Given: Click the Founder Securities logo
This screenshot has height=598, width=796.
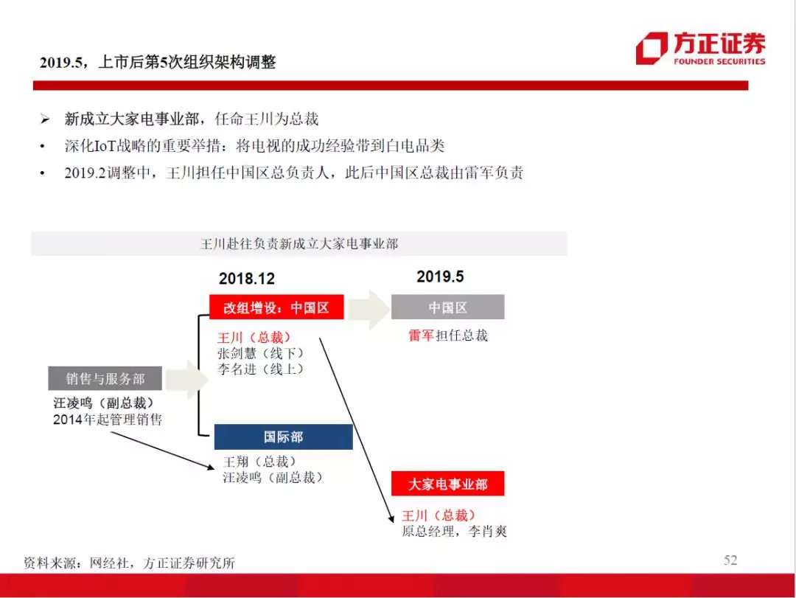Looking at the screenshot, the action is [701, 48].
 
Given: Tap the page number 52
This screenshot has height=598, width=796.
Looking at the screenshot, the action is [730, 560].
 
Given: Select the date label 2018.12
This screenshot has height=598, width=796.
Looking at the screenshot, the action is [247, 279].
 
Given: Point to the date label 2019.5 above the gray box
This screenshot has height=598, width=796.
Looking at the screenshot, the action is [440, 277].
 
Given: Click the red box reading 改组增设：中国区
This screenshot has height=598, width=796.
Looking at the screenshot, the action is [276, 307].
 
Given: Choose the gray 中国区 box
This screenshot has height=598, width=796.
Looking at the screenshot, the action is [448, 307].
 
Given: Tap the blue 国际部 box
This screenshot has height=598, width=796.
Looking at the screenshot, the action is [283, 437].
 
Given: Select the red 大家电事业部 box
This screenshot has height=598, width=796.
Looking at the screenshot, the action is [448, 484].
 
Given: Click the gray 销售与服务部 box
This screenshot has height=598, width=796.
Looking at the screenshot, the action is [105, 378].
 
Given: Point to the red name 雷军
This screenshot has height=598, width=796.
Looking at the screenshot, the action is [422, 335].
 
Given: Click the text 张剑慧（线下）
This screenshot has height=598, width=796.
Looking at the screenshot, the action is [261, 353].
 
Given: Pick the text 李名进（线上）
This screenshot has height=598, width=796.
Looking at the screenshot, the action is [261, 369].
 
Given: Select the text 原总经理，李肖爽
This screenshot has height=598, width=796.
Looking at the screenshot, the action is [454, 532].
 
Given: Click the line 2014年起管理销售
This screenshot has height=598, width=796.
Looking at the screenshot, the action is [108, 420].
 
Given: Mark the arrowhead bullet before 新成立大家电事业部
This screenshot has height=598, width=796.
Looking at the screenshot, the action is [45, 119].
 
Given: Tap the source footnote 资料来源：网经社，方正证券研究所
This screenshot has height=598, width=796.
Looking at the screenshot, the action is [130, 563].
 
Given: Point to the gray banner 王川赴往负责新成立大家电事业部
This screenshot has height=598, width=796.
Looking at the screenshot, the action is [299, 243].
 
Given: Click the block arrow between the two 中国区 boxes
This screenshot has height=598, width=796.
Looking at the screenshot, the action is [369, 309].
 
